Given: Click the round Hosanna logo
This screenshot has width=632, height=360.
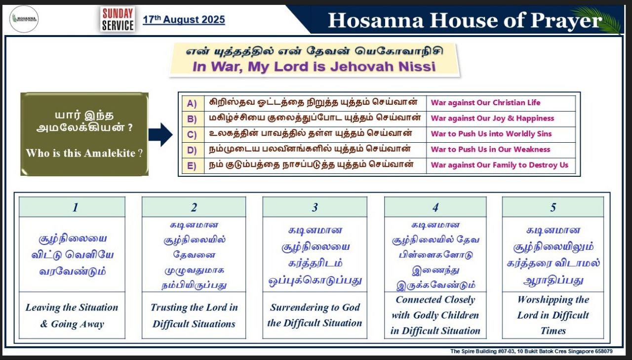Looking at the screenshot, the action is (24, 19).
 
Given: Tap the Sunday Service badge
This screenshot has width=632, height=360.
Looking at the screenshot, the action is (118, 19).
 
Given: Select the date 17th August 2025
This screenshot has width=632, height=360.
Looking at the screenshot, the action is (184, 19).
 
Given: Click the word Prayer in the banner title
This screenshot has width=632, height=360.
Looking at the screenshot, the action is (566, 21).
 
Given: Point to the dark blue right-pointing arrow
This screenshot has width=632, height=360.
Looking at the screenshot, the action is (160, 134).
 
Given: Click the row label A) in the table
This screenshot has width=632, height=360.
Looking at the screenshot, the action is (192, 103).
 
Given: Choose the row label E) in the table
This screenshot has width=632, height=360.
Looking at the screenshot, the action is (192, 165).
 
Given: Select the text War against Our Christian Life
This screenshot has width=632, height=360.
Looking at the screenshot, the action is (485, 102).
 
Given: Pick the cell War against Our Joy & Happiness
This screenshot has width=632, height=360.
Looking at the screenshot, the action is (492, 118).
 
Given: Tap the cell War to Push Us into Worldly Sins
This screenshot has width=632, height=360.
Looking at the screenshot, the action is (491, 134).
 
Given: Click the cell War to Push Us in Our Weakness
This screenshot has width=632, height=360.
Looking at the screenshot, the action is (491, 149).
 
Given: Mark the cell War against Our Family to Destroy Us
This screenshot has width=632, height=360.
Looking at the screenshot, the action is (499, 165).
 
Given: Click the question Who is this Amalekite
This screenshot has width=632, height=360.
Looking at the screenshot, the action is (84, 153).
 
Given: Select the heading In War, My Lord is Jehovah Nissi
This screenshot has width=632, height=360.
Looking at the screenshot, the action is (314, 67).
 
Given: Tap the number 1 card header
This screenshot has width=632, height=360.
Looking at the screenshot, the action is (72, 207).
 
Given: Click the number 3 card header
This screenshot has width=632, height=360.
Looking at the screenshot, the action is (315, 207).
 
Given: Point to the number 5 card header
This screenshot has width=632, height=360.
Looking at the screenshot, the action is (553, 207).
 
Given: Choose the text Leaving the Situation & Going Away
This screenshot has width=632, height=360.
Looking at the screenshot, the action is (72, 316).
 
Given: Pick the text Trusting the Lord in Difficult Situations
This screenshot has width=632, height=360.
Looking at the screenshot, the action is (194, 316).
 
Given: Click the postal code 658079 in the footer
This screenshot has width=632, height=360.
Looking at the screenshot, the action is (604, 351).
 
